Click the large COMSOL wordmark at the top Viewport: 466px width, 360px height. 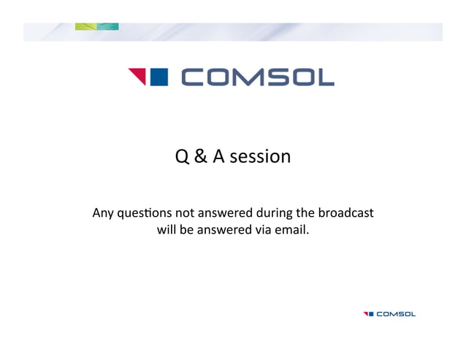point(257,77)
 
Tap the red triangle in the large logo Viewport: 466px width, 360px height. point(137,76)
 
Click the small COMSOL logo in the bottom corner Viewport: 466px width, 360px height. point(389,314)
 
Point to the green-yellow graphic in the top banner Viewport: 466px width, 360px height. point(96,27)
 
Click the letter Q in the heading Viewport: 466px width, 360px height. point(183,156)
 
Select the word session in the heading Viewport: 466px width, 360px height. point(260,157)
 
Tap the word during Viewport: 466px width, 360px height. point(272,214)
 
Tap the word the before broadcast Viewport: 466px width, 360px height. point(305,214)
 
